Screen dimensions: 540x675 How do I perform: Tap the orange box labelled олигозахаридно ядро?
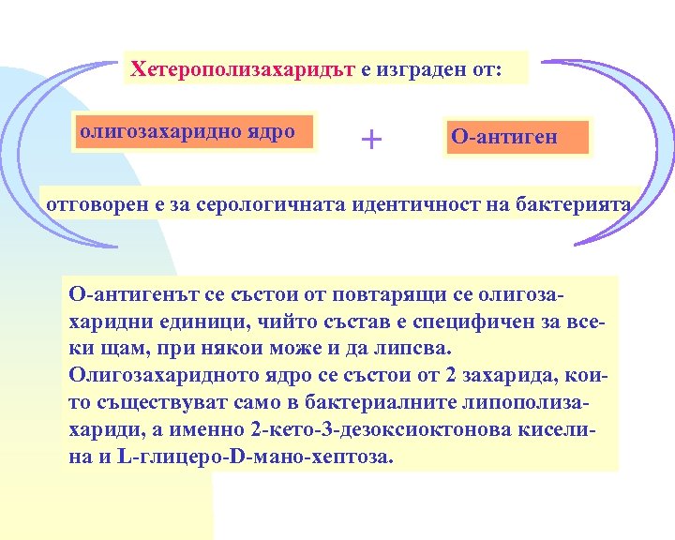[187, 131]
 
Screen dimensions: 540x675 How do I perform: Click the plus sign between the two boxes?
[372, 140]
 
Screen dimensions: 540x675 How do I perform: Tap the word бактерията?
[574, 204]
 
